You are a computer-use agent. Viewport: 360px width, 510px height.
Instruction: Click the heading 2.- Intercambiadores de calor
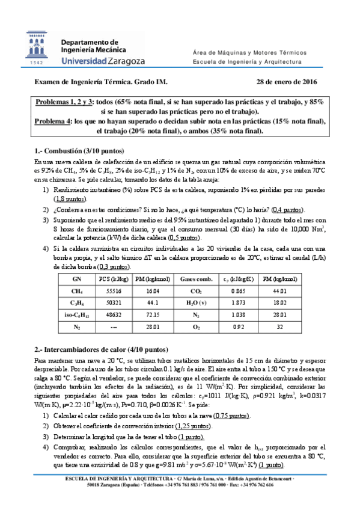[x=100, y=348]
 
